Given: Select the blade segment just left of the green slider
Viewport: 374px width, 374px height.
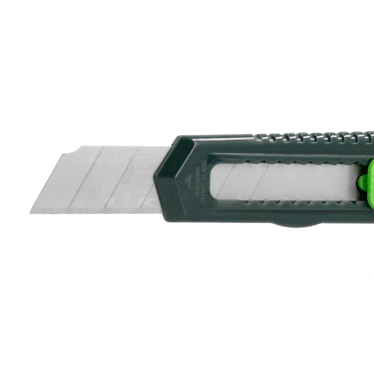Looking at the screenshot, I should point(334,182).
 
